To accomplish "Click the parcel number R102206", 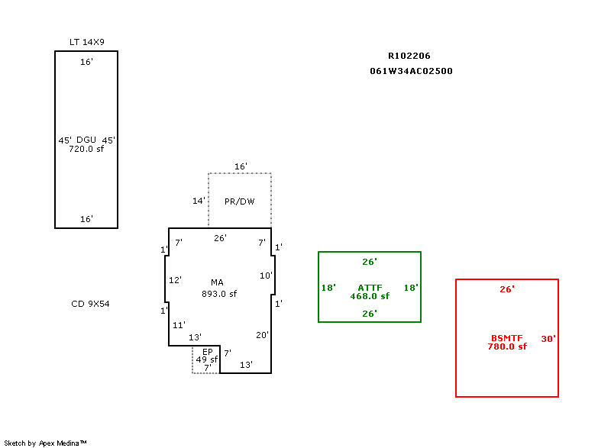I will pos(409,56).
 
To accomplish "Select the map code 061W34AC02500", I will pos(412,71).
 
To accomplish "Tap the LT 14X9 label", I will pos(86,42).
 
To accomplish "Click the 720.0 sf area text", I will pos(86,149).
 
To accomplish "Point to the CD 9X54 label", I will pos(90,304).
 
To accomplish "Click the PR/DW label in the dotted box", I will pos(240,202).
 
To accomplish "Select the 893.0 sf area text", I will pos(219,294).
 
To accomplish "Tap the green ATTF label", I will pos(370,288).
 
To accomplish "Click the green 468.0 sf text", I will pos(370,296).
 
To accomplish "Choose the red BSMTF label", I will pos(507,338).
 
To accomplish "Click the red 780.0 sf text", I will pos(507,346).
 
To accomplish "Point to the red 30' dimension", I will pos(548,339).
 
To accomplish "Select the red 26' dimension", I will pos(507,289).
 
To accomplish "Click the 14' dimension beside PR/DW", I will pos(199,201).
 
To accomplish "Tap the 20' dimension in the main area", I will pos(262,335).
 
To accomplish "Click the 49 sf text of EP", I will pos(206,359).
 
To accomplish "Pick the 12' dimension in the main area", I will pos(175,280).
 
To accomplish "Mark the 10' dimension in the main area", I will pos(266,276).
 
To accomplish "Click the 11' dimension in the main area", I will pos(179,325).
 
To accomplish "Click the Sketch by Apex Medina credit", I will pos(45,443).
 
